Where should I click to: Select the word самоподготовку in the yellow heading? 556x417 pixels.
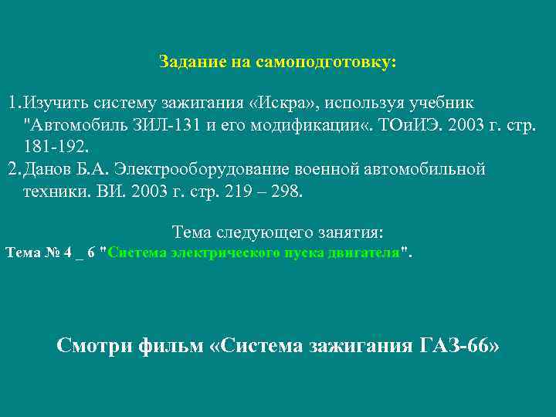click(x=335, y=61)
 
